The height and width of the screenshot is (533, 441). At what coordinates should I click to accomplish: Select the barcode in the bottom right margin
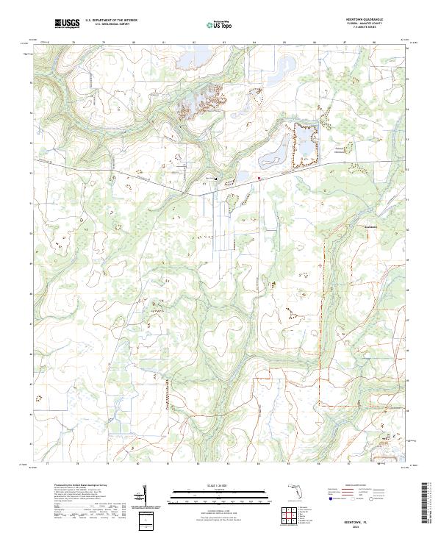[426, 507]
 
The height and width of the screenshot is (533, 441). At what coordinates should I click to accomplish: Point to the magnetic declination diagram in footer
[146, 501]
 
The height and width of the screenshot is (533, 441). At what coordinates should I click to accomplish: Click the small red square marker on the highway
[259, 176]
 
